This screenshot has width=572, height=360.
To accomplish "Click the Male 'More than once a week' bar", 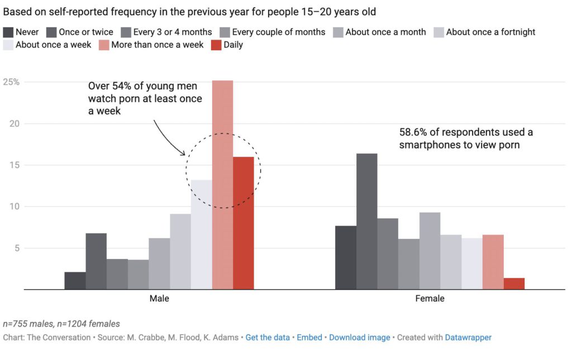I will point(222,184).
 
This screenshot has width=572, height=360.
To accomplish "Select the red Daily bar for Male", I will point(244,223).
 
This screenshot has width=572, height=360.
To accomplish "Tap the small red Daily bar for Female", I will point(514,284).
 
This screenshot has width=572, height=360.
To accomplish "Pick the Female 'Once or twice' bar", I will point(367,222).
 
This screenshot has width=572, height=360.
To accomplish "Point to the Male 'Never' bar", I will point(75,281).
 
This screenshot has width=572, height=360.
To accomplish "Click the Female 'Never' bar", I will point(346,257).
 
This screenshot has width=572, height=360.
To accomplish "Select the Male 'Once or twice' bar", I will point(96,261).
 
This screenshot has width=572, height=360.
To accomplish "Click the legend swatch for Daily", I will point(215,45).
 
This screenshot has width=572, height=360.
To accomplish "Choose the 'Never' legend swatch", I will point(8,32).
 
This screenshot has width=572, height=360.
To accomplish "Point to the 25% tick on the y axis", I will point(11,81).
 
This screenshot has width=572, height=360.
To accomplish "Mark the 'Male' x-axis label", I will point(159,299).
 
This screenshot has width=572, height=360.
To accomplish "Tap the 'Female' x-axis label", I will point(430,299).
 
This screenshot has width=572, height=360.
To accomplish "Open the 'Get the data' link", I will point(268,337).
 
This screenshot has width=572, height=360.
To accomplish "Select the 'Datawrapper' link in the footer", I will point(468,337).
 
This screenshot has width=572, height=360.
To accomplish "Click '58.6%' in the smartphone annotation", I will point(413,132).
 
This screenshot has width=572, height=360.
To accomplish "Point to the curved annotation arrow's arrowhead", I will point(183,153).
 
